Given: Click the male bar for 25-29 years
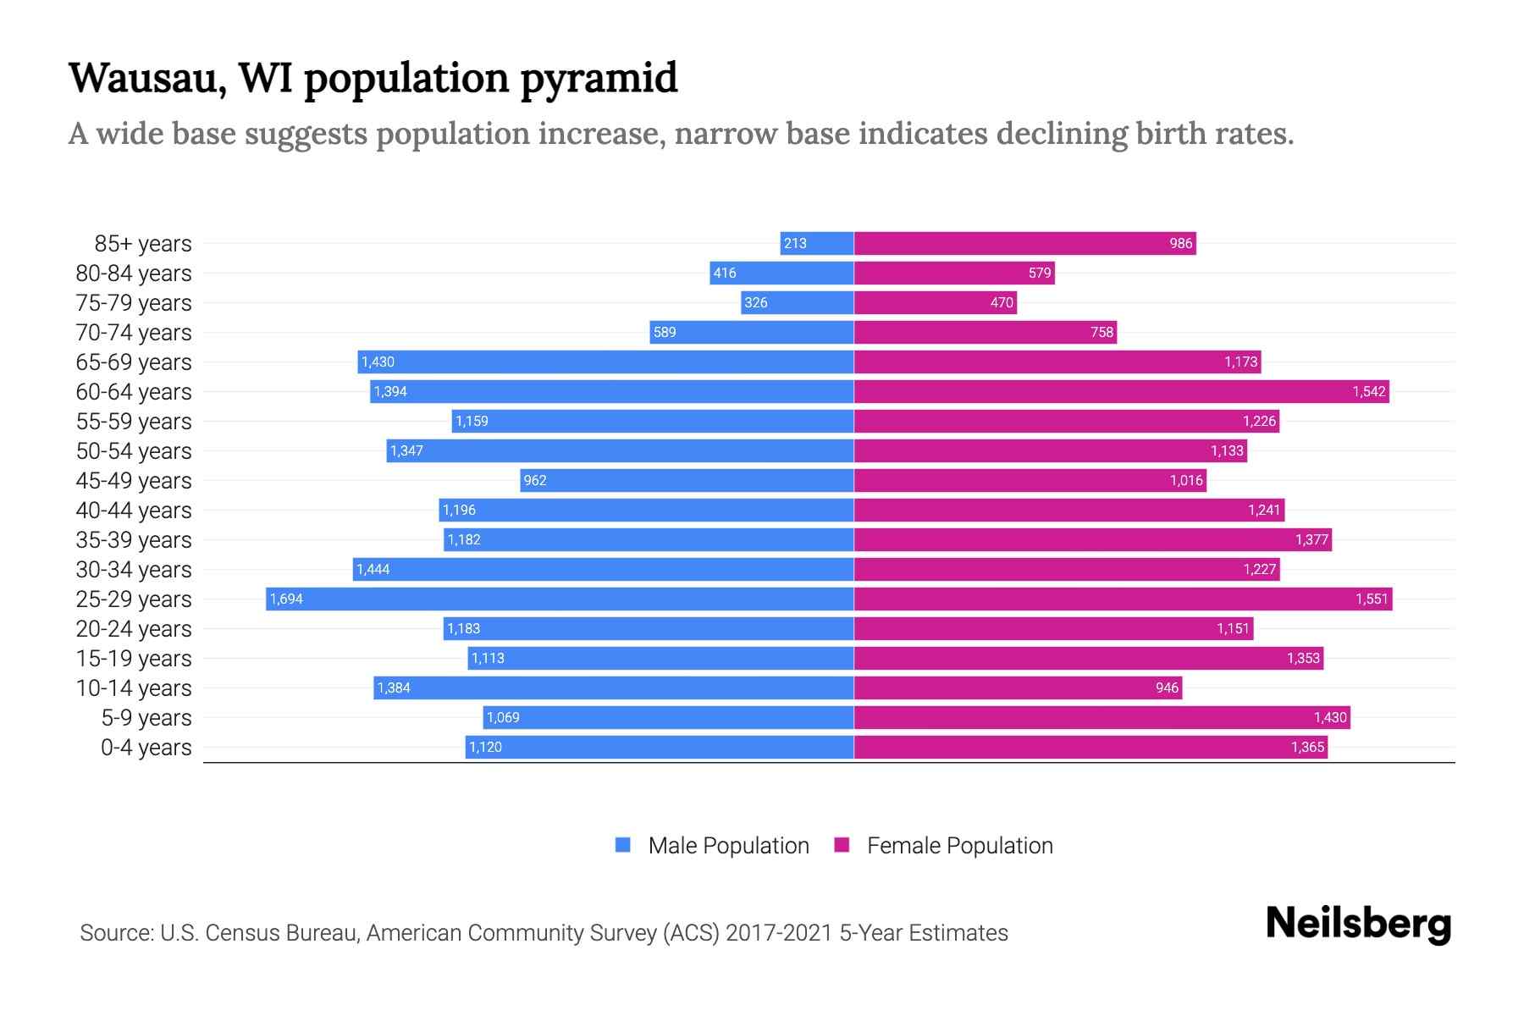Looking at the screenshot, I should click(559, 599).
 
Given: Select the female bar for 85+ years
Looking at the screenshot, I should click(1024, 243).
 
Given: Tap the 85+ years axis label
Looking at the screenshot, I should click(142, 244).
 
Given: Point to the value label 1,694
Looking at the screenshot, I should click(286, 599).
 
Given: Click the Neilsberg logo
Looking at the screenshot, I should click(1358, 924).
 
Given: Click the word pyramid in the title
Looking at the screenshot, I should click(599, 79).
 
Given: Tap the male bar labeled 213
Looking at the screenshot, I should click(816, 243).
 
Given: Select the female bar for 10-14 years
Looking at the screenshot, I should click(1018, 687).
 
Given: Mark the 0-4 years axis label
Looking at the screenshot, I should click(146, 748).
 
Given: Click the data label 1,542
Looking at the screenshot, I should click(1368, 392).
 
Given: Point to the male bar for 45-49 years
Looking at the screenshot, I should click(686, 480).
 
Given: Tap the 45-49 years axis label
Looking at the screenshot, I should click(134, 481).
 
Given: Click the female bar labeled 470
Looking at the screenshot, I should click(935, 302).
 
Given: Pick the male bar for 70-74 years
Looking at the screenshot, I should click(751, 332).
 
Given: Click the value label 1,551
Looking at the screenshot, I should click(1372, 599).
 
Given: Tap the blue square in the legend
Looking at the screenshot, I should click(623, 845).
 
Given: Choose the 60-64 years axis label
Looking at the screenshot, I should click(134, 392).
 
